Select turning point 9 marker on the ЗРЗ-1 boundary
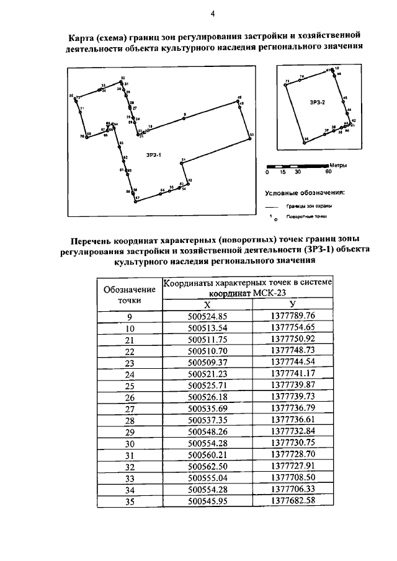tap(184, 117)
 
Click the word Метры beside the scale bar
tap(339, 166)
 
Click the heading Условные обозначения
tap(304, 192)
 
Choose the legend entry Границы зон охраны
tap(308, 205)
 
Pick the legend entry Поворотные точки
tap(306, 217)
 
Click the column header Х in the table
tap(207, 304)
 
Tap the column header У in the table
tap(292, 304)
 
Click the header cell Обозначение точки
tap(130, 294)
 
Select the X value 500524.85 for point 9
tap(207, 316)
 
